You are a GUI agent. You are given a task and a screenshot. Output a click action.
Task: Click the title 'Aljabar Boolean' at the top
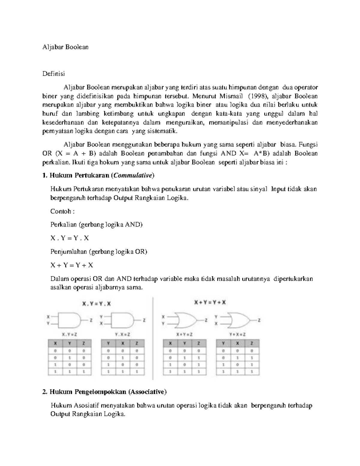(65, 47)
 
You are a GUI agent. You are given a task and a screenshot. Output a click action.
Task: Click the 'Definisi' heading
(53, 74)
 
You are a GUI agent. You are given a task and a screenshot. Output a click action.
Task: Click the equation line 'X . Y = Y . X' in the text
(70, 238)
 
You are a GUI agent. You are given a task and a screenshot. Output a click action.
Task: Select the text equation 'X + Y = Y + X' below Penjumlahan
(72, 265)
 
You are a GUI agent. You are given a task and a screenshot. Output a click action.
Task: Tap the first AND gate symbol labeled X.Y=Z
(69, 320)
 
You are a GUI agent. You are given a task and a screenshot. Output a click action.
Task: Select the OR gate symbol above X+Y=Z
(185, 320)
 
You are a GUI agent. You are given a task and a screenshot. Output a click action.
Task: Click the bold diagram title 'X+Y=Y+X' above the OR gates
(210, 303)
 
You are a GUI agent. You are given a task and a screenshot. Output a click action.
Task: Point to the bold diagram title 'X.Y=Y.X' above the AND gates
(97, 304)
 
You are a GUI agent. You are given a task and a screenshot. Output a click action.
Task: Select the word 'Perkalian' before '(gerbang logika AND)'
(63, 224)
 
